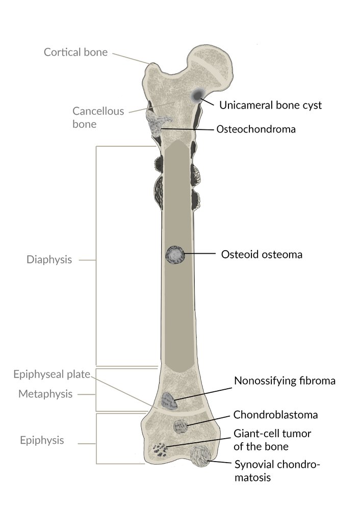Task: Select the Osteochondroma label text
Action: [256, 129]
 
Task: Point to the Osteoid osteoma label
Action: [262, 254]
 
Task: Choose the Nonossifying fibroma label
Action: [285, 381]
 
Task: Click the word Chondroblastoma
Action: [275, 415]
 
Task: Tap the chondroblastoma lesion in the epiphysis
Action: [180, 426]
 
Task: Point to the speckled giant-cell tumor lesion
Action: [160, 449]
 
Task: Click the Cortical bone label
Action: [75, 52]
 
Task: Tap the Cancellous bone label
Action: [98, 117]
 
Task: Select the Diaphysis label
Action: [49, 259]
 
